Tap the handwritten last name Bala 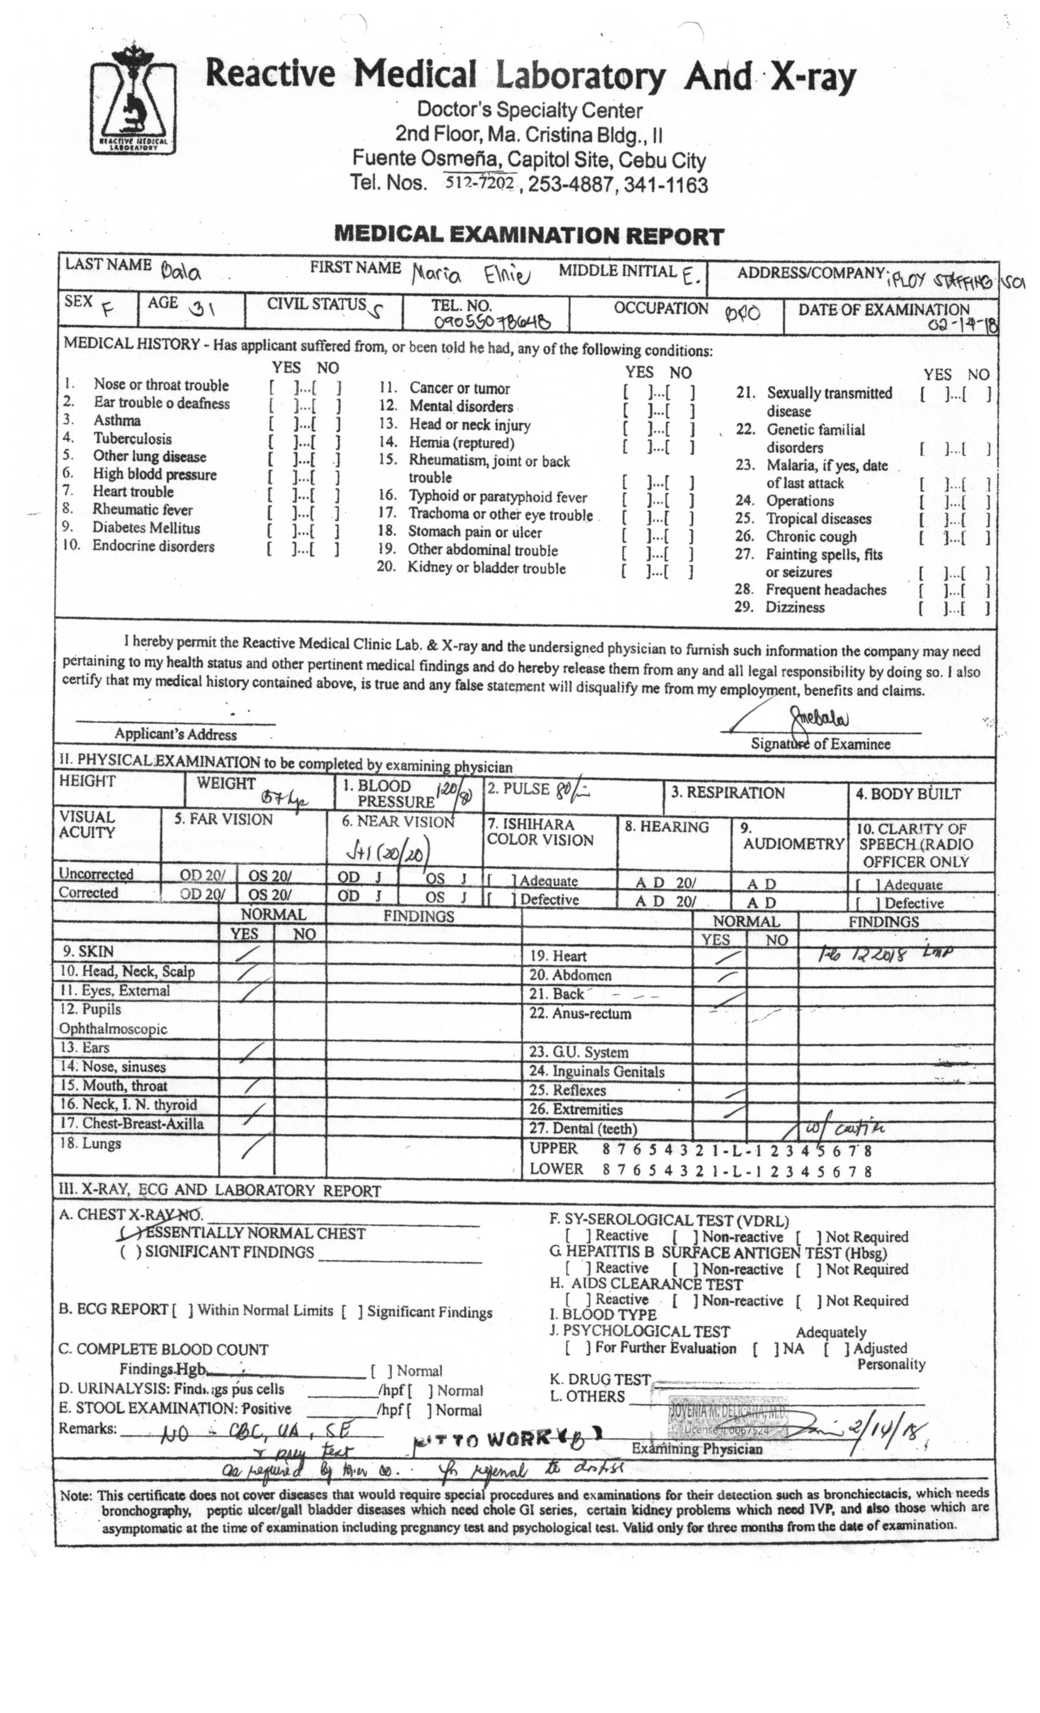tap(180, 271)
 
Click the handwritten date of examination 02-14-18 tap(963, 326)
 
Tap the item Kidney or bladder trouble tap(486, 568)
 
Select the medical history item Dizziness tap(795, 607)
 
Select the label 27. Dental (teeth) tap(582, 1128)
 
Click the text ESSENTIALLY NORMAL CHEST tap(255, 1233)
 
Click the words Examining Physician tap(697, 1449)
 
